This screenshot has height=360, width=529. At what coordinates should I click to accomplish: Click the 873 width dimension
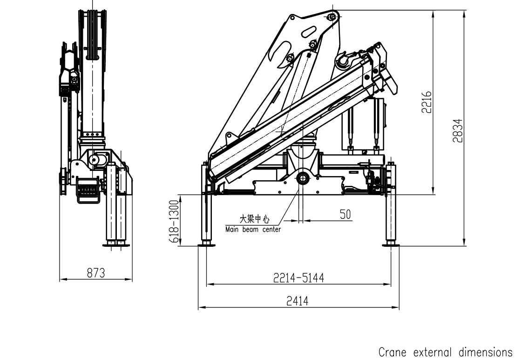95,273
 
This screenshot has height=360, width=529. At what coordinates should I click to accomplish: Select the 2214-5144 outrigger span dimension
298,278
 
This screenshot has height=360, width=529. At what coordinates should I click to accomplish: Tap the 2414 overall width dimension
297,301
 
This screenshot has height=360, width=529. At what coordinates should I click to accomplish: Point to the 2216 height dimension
427,102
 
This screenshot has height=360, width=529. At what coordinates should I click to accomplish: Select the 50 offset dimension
345,214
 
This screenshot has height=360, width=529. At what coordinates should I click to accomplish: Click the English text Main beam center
253,229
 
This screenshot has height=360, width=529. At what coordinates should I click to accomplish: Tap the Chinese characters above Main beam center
254,219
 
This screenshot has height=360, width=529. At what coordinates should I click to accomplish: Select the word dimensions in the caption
486,352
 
